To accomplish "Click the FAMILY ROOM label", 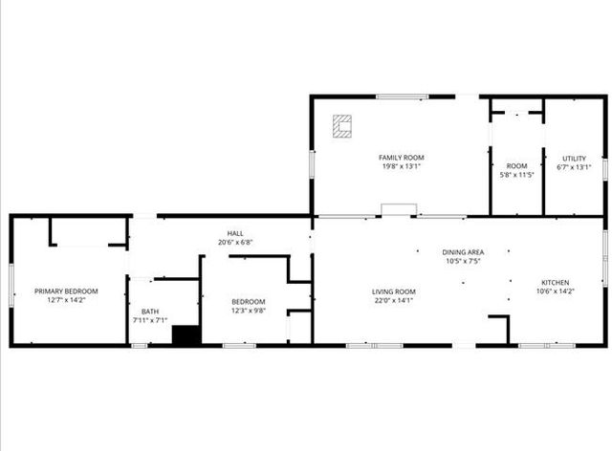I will tap(401, 158).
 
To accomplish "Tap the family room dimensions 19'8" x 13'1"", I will tap(401, 166).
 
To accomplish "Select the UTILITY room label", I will tap(574, 159).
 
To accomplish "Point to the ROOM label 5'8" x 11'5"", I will tap(516, 166).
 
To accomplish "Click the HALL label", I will tap(234, 233).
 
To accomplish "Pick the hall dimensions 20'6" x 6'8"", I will tap(234, 242).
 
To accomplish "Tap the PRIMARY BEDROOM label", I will tap(66, 291).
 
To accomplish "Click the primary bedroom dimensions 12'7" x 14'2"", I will tap(66, 300).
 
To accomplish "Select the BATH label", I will tap(150, 311).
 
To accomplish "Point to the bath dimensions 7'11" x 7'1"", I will tap(150, 320).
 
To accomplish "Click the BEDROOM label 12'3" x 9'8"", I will tap(248, 302).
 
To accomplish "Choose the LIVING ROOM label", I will tap(394, 291).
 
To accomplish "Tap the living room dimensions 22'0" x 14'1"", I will tap(394, 300).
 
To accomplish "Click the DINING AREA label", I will tap(461, 252).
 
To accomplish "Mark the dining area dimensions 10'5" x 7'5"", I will tap(461, 261).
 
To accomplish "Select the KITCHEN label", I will tap(556, 283).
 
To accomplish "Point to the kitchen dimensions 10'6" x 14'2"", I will tap(556, 291).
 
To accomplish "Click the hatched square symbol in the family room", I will tap(341, 125).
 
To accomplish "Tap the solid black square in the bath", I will tap(186, 335).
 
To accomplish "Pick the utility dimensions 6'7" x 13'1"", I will tap(574, 167).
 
